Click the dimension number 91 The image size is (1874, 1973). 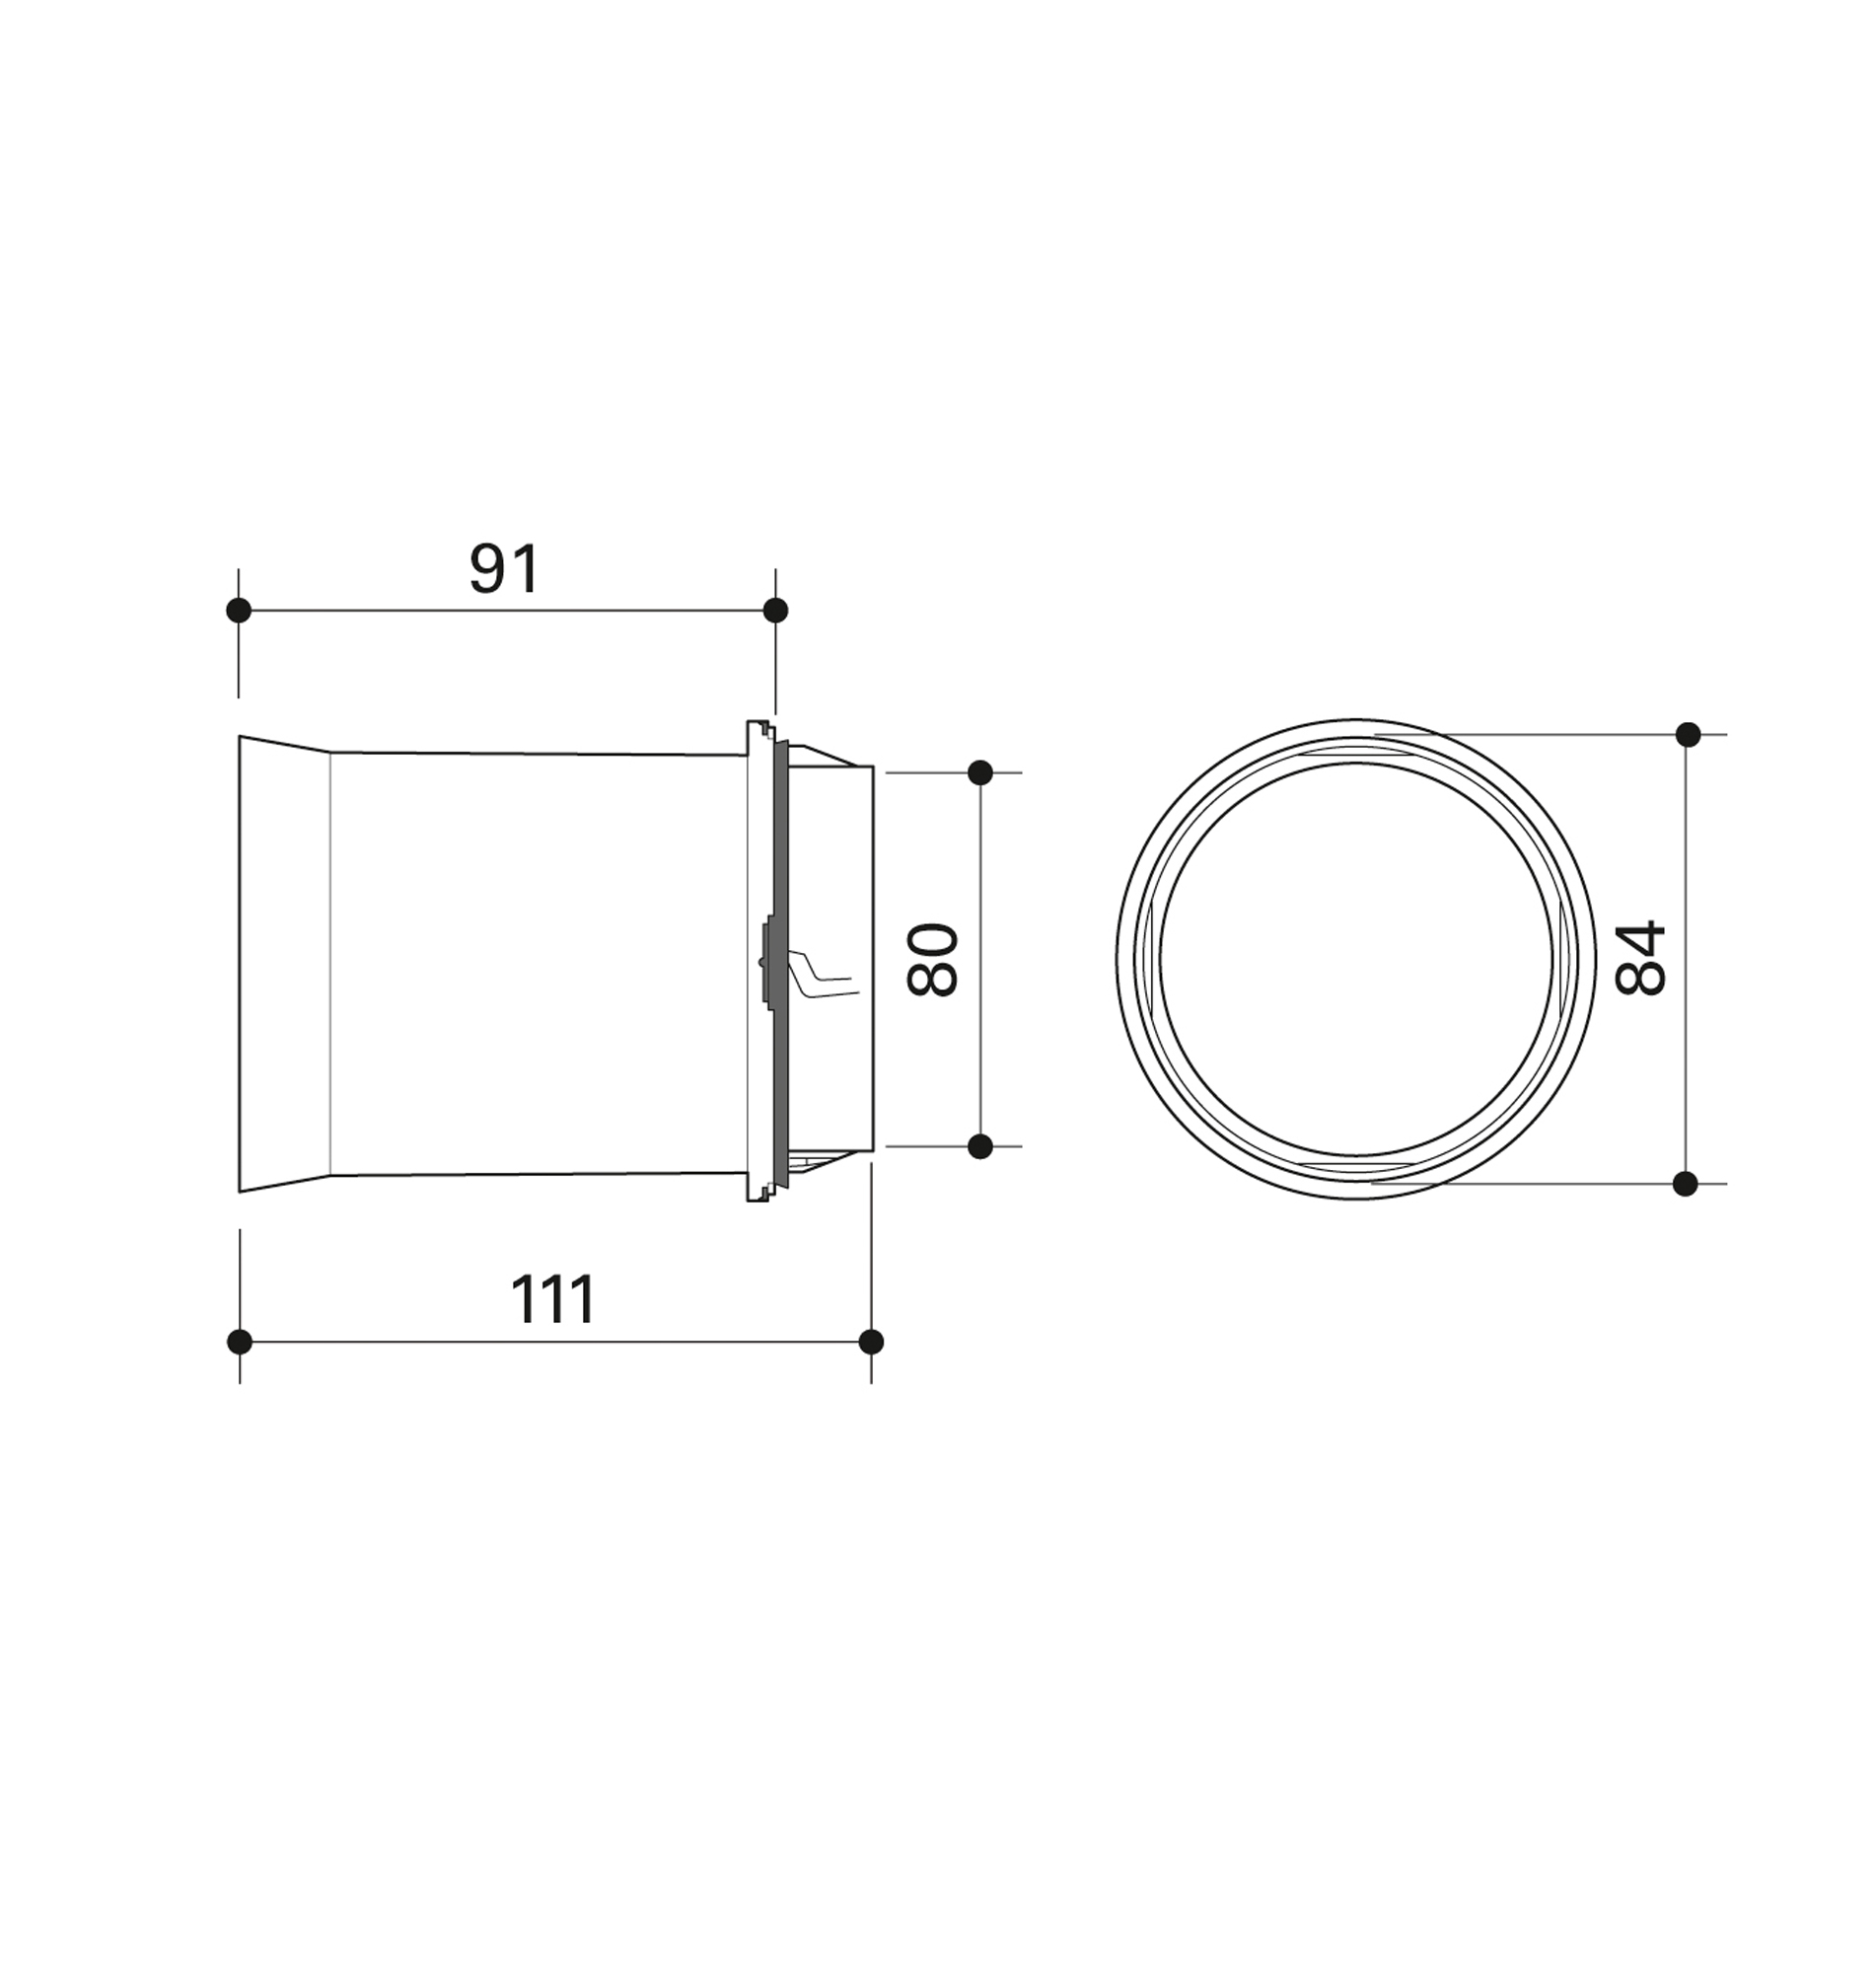tap(504, 569)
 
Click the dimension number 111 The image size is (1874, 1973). tap(552, 1299)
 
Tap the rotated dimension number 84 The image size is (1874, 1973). tap(1640, 958)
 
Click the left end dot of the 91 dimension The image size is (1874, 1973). tap(239, 611)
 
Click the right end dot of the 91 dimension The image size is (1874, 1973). tap(775, 611)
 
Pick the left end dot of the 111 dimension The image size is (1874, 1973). tap(240, 1342)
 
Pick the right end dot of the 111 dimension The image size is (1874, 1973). tap(871, 1342)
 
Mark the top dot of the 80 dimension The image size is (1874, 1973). tap(980, 772)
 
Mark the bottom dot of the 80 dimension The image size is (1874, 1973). tap(980, 1146)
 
